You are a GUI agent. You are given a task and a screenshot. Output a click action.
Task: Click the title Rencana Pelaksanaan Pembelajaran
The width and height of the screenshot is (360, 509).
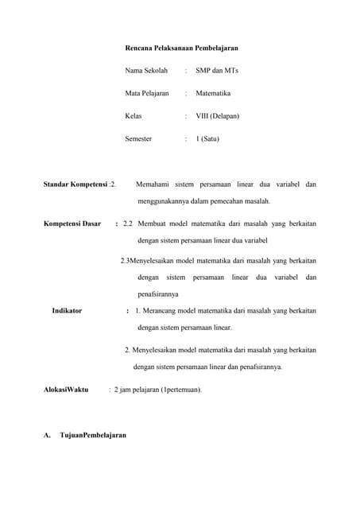click(x=182, y=48)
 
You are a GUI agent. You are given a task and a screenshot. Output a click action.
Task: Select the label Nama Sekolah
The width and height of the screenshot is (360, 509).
click(x=147, y=71)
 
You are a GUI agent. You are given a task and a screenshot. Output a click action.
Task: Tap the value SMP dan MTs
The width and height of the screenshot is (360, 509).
click(x=216, y=71)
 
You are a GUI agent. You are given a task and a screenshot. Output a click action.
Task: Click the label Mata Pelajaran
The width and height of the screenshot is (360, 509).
click(x=148, y=93)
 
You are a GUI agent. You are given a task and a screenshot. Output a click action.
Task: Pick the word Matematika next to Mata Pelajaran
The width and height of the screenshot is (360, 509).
click(x=213, y=93)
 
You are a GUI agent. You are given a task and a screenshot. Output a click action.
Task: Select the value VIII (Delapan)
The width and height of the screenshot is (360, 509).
click(x=217, y=116)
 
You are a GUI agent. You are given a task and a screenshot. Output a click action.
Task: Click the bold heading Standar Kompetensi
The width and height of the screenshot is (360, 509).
click(x=75, y=185)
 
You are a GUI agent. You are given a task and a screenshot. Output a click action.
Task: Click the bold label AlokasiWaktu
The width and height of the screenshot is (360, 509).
click(x=65, y=390)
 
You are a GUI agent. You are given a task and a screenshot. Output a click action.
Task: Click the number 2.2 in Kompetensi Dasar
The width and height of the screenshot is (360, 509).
click(x=128, y=223)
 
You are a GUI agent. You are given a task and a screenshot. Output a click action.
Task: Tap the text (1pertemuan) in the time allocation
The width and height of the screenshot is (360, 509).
click(x=181, y=390)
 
